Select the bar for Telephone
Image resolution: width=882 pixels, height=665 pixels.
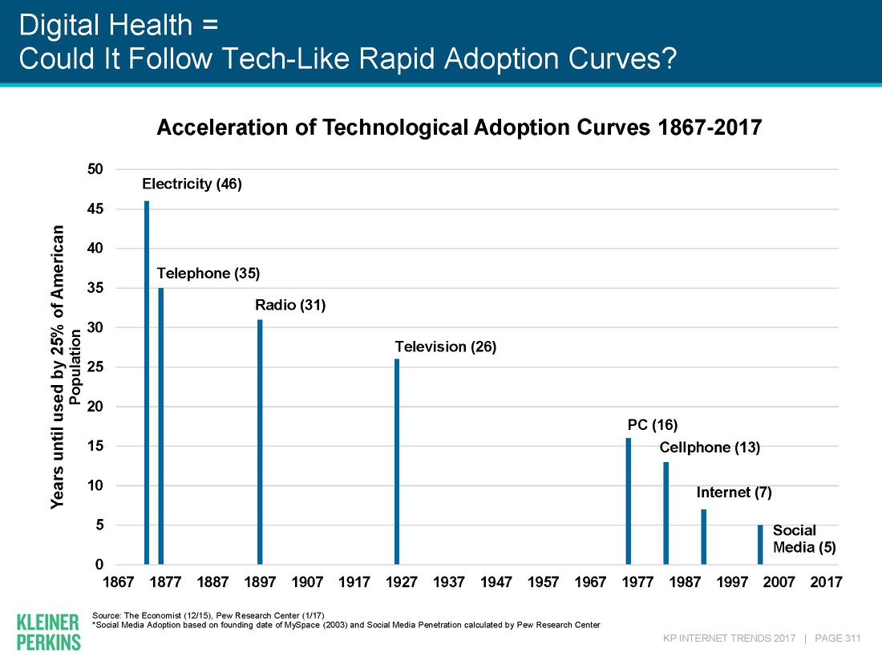pos(161,426)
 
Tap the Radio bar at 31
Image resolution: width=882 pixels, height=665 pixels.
pos(260,442)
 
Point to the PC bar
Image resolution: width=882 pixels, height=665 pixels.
pos(629,501)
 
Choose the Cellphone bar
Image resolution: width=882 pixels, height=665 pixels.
pos(666,513)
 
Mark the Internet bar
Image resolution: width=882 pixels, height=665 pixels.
pos(703,537)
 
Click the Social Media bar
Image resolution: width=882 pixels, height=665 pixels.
pos(760,545)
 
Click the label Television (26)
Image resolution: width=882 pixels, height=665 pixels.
pos(446,347)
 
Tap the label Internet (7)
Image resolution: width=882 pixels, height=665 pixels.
pos(734,493)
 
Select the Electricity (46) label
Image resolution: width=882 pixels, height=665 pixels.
pos(192,184)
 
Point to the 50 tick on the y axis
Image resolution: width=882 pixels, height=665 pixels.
pos(96,169)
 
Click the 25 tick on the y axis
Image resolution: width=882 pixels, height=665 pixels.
pos(96,367)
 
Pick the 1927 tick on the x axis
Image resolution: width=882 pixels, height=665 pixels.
pos(401,582)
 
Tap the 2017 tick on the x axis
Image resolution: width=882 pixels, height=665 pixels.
pos(826,582)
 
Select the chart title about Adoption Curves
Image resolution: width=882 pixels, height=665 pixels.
pos(458,128)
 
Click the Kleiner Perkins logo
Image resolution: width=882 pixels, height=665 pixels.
pos(48,631)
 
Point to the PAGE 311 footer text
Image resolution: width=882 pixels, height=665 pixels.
pos(837,639)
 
